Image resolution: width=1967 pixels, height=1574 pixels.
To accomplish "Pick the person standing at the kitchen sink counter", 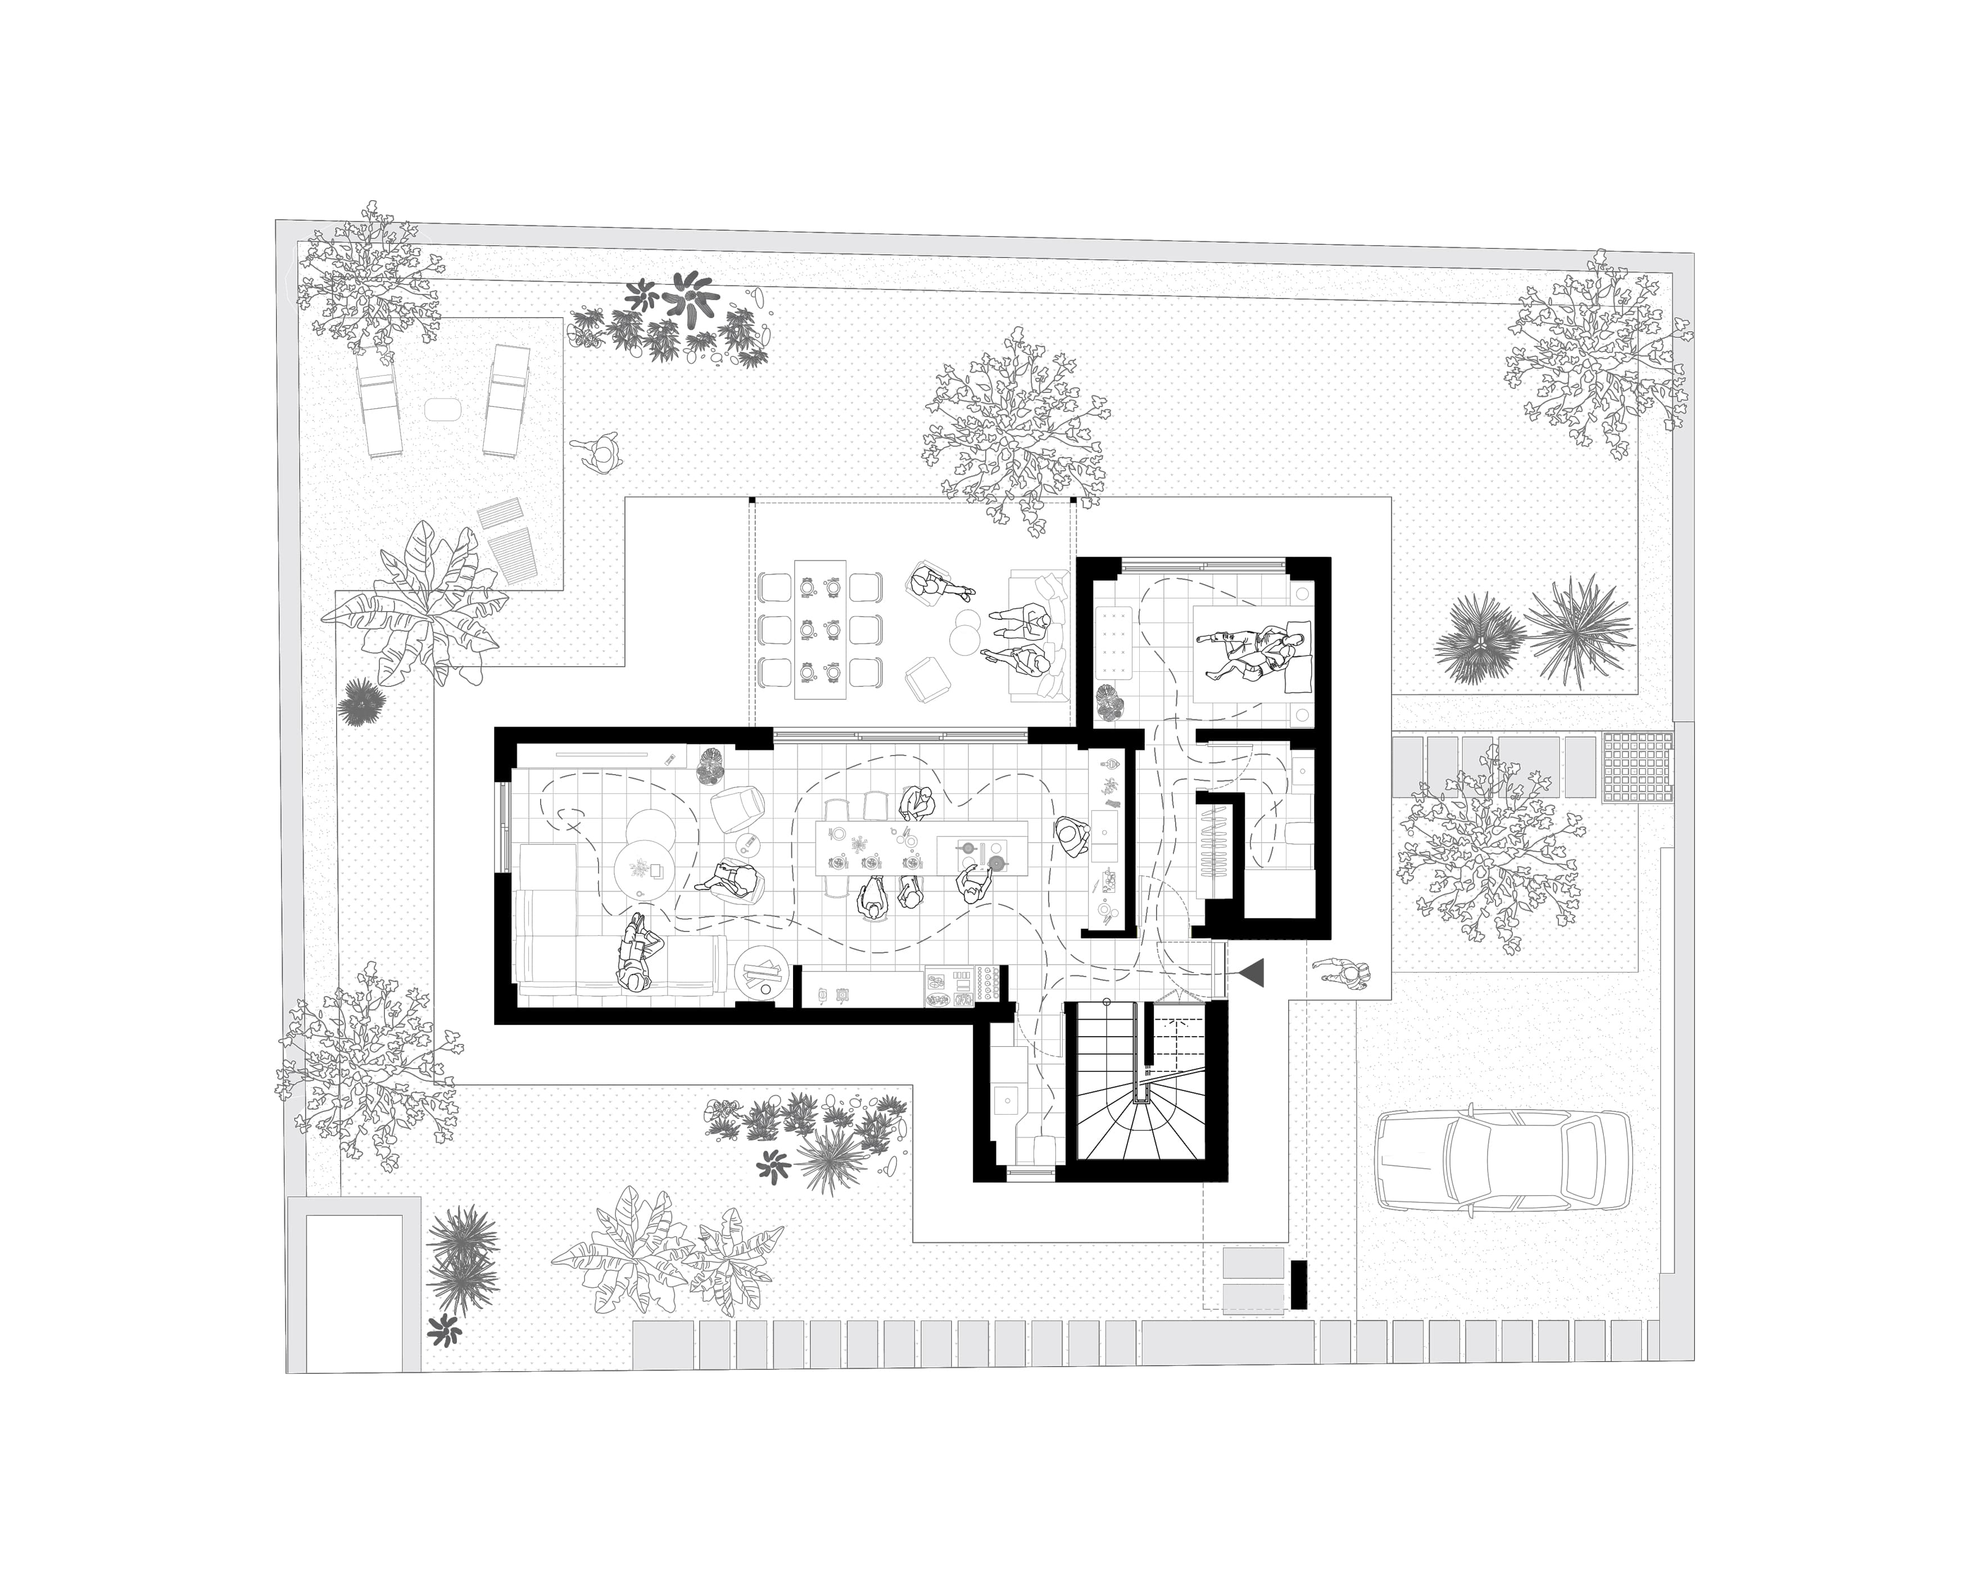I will click(1071, 834).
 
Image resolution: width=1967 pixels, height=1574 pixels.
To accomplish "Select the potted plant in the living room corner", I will click(711, 766).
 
